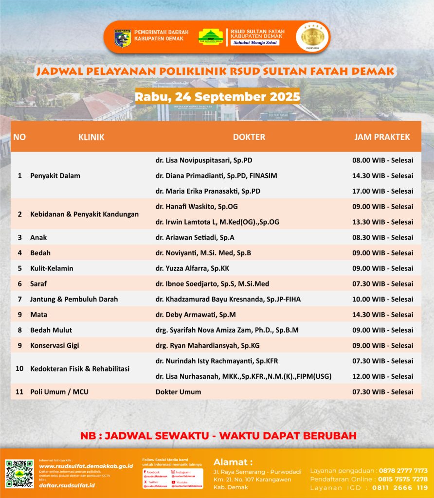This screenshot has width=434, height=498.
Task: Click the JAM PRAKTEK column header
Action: click(x=382, y=137)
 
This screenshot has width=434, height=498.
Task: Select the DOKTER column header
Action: click(x=249, y=137)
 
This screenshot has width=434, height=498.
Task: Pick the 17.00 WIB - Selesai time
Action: click(x=382, y=191)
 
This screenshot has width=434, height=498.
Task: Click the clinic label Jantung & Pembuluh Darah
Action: click(x=74, y=299)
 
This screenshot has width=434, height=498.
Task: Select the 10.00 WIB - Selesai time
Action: click(x=382, y=299)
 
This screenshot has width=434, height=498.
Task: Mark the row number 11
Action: click(x=19, y=392)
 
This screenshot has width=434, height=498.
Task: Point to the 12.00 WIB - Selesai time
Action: click(x=382, y=376)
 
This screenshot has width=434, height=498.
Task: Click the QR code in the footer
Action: click(x=19, y=473)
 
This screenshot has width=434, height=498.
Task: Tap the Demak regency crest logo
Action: click(x=122, y=38)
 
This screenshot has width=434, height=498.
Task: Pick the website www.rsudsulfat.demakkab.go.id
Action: click(x=86, y=466)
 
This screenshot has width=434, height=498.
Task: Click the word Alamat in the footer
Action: click(x=233, y=462)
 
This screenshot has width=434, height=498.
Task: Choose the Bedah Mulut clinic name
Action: click(x=51, y=330)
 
